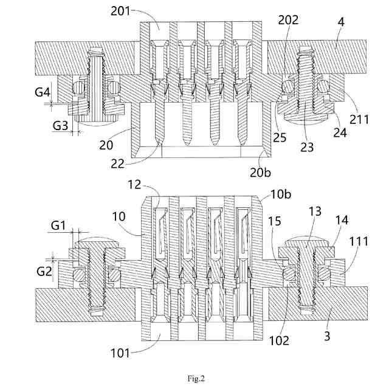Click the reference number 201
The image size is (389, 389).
pos(120,11)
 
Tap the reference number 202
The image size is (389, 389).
pos(288,20)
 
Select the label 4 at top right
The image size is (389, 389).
pos(341,22)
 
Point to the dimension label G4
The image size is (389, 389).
pos(43,92)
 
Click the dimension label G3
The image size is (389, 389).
pos(60,126)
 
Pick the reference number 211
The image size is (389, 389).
pos(359,120)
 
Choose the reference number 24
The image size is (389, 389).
pos(340,133)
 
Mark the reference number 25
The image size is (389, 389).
pos(280,137)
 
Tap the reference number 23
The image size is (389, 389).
pos(307,147)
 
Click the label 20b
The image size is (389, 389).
pos(260,173)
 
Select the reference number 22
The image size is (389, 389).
pos(117,164)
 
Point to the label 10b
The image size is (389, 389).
pos(281,194)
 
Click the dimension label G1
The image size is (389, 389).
pos(58,225)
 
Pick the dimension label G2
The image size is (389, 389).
pos(44,272)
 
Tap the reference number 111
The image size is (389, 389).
pos(359,241)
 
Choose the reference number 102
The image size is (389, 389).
pos(279,340)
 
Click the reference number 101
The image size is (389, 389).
pos(120,353)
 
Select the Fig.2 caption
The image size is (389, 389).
pos(196,379)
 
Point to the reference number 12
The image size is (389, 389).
pos(134,185)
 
